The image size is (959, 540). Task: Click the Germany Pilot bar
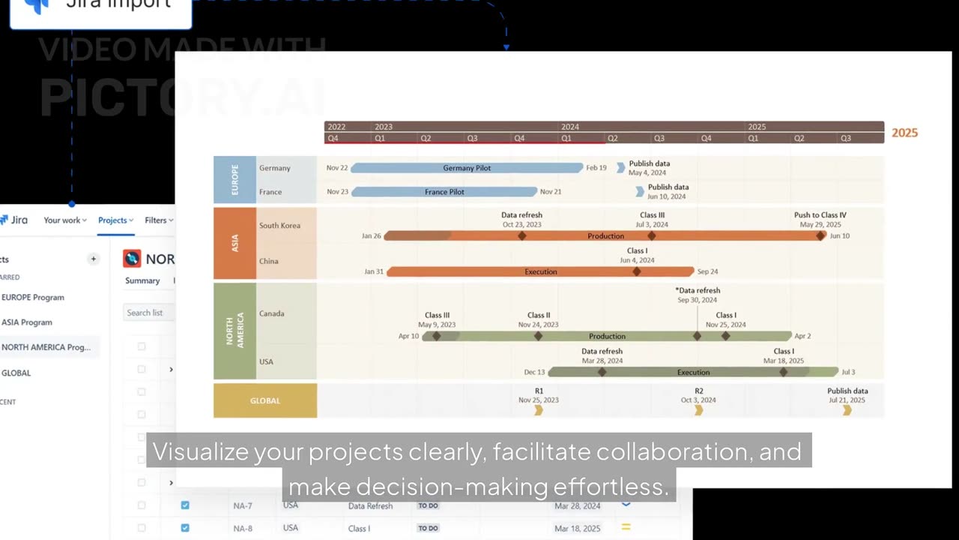point(467,168)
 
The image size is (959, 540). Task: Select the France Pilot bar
point(444,192)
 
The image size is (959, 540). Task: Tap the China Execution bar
point(540,271)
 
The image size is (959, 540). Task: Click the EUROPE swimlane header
point(235,180)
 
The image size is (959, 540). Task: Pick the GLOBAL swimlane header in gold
point(265,400)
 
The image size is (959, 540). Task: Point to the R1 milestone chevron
point(539,410)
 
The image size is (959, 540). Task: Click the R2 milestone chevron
point(699,410)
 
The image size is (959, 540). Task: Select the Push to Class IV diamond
point(820,235)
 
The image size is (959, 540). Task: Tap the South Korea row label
point(279,226)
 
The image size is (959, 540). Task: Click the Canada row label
point(271,313)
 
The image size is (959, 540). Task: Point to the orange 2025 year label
point(904,133)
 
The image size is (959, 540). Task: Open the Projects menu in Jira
point(115,220)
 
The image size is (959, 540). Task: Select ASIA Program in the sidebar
point(27,322)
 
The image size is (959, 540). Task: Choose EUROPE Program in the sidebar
point(33,297)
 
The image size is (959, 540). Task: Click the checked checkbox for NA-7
point(185,505)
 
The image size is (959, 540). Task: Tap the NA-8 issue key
point(243,528)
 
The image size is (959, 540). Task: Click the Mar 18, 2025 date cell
point(577,528)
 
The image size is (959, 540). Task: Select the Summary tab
point(142,280)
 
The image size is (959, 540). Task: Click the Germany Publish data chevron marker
point(620,167)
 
